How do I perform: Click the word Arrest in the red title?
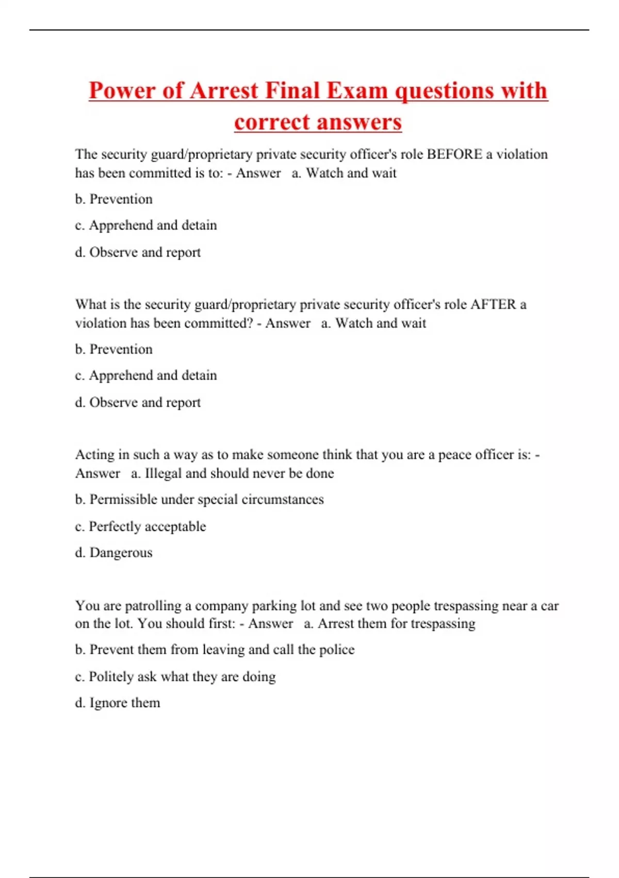coord(224,91)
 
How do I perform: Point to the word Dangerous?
coord(121,553)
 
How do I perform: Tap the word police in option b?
coord(337,650)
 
